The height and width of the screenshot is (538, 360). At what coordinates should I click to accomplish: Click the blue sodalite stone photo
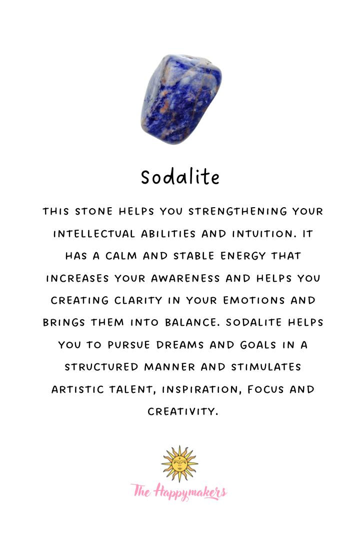point(181,99)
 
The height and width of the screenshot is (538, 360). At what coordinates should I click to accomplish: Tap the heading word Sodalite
point(180,177)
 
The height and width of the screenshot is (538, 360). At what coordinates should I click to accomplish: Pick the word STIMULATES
point(266,367)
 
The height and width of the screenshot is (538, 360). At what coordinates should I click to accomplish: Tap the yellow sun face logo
point(179,464)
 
